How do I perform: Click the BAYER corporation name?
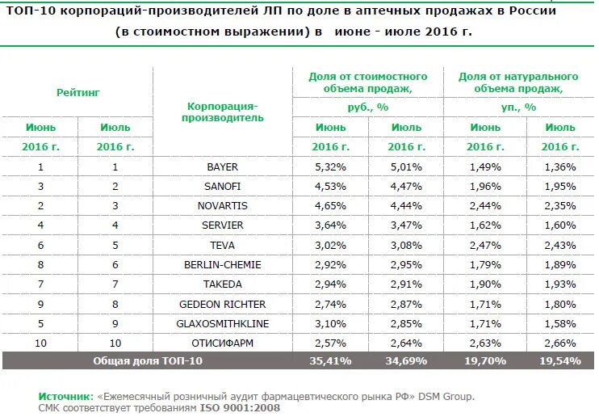222,166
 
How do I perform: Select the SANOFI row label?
222,186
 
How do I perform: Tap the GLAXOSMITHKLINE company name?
222,323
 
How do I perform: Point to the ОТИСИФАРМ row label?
222,343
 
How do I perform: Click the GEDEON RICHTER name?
222,304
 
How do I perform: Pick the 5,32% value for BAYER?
331,166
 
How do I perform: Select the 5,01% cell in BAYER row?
406,166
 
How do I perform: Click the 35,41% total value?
331,360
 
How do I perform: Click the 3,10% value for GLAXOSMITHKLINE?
331,323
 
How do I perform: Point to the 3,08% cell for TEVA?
406,245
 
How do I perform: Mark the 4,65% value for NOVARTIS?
331,205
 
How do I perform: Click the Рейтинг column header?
78,93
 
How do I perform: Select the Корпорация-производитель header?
222,112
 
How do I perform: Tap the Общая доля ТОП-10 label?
148,360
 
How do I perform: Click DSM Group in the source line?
446,397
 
